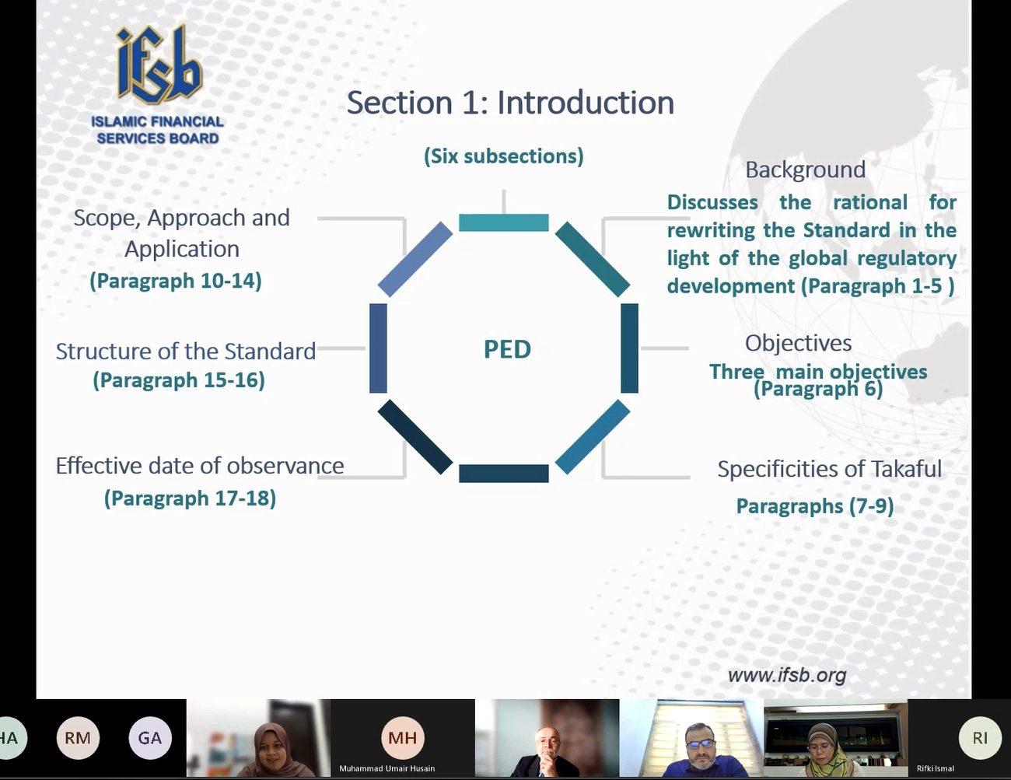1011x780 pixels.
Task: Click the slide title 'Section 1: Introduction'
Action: click(510, 103)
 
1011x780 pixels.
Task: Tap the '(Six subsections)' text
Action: click(503, 156)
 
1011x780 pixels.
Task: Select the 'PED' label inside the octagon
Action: click(507, 349)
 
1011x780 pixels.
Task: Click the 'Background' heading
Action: click(806, 170)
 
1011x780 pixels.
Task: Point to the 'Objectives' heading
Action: click(799, 343)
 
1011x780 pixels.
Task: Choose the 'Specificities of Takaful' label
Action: click(830, 468)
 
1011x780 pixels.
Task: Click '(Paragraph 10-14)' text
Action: click(176, 281)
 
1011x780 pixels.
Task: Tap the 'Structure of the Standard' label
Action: click(186, 352)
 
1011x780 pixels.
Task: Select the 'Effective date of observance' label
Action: click(200, 466)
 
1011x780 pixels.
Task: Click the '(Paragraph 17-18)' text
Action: click(190, 498)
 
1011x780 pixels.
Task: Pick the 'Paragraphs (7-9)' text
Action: click(815, 506)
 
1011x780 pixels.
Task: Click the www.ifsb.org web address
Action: click(787, 675)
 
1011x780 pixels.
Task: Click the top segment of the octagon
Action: click(504, 222)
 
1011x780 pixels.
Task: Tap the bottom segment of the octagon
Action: click(504, 474)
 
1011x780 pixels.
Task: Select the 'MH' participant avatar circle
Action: click(402, 738)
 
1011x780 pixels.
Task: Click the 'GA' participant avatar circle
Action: click(150, 738)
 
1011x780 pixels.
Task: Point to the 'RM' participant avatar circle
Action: click(78, 738)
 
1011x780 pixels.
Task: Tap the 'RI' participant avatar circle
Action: click(980, 738)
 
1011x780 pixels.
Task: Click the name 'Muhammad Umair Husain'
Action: click(387, 768)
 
